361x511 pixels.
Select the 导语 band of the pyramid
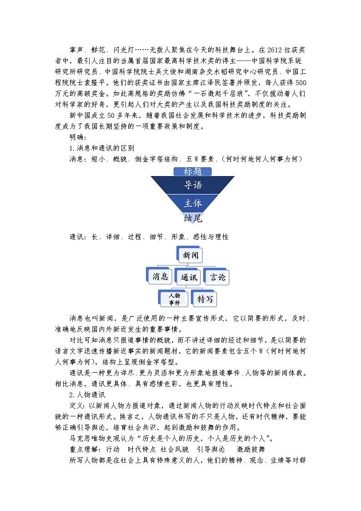(192, 186)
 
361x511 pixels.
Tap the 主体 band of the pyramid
(192, 203)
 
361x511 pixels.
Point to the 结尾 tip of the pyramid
(192, 218)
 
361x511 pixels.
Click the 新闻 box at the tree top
(191, 255)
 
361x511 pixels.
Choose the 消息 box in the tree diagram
(160, 276)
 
